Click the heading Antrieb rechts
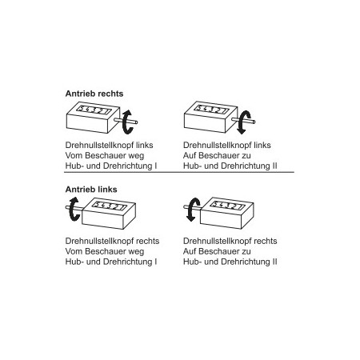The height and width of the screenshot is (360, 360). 94,94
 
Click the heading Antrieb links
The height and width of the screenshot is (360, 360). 91,190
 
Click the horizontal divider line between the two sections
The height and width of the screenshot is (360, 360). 179,172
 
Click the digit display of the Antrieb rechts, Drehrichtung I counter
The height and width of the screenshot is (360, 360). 94,110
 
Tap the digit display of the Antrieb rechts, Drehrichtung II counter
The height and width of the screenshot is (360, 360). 211,109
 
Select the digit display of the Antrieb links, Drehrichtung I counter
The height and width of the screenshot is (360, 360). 110,206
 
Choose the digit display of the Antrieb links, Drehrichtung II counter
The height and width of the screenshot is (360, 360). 227,205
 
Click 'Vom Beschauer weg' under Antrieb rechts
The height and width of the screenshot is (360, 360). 105,155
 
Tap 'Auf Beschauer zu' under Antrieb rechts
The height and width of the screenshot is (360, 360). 217,155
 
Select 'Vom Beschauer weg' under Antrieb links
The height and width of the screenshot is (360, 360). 105,251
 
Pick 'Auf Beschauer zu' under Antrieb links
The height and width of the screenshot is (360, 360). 217,251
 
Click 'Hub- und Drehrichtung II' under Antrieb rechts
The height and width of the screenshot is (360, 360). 230,166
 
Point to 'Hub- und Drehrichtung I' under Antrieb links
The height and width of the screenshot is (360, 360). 111,262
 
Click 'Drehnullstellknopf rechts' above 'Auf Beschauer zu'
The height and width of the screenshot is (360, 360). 230,241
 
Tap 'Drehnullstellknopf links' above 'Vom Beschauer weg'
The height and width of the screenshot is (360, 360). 109,146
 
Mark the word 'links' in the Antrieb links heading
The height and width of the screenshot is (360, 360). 106,190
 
